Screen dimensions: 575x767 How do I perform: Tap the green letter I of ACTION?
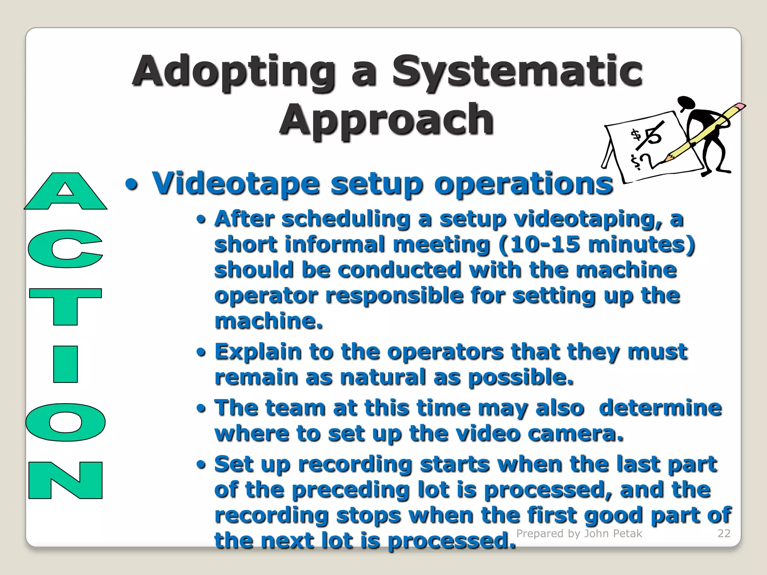point(66,364)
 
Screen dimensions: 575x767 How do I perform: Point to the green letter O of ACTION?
point(66,422)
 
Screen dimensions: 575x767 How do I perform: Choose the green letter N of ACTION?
point(66,480)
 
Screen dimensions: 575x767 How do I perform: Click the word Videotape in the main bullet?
point(236,183)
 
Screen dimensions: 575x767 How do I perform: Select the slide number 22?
point(724,533)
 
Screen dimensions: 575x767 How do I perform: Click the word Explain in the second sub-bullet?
point(258,352)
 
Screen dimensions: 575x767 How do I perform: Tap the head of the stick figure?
point(686,102)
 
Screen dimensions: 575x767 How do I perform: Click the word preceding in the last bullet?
point(350,490)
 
